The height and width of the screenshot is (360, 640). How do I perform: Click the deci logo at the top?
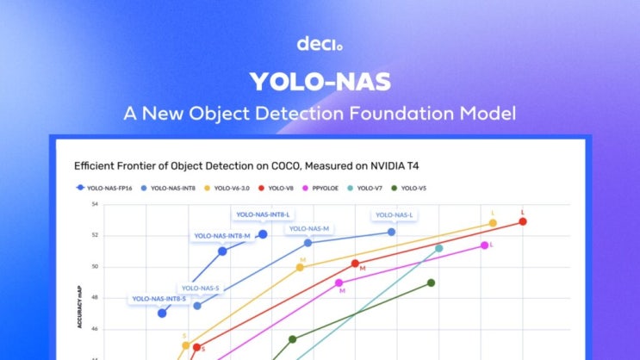[x=320, y=43]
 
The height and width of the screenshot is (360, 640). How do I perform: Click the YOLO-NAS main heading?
[x=320, y=82]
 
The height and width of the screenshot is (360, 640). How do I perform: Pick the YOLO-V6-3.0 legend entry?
[x=231, y=187]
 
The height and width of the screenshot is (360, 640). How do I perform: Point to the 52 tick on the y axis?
[x=95, y=235]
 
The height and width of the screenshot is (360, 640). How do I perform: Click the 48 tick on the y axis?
[x=95, y=298]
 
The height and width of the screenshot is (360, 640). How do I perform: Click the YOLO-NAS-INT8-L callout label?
[x=264, y=214]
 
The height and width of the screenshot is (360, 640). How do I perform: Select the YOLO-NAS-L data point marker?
[x=391, y=232]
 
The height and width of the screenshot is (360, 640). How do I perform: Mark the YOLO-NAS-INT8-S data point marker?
[x=162, y=313]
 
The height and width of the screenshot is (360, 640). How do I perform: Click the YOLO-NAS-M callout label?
[x=309, y=229]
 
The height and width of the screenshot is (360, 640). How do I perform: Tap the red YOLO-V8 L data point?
[x=523, y=221]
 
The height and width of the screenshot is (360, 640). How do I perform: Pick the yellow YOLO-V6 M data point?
[x=300, y=267]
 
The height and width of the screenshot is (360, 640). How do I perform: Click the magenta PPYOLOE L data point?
[x=484, y=245]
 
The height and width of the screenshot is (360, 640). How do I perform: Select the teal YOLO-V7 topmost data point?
[x=438, y=248]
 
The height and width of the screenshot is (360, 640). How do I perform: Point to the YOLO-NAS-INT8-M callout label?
[x=221, y=235]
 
